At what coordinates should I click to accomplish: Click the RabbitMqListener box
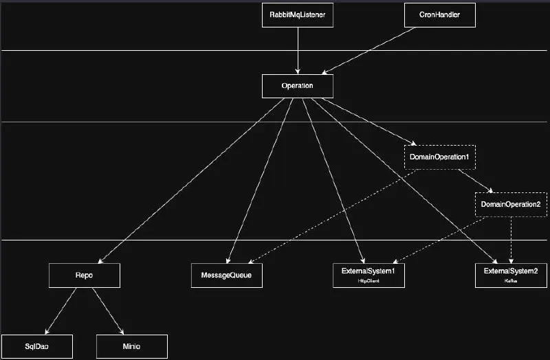click(x=298, y=15)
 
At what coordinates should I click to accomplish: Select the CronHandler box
click(x=439, y=15)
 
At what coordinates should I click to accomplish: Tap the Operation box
click(x=298, y=86)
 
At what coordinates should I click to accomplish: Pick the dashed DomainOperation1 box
click(x=439, y=157)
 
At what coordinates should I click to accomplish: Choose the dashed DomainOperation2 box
click(x=510, y=205)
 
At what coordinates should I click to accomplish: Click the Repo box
click(x=85, y=275)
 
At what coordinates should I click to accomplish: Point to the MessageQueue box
click(x=226, y=275)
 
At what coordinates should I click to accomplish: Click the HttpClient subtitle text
click(x=368, y=282)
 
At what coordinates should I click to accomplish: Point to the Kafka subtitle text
click(x=510, y=282)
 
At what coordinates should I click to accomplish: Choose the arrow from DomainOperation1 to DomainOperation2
click(x=474, y=181)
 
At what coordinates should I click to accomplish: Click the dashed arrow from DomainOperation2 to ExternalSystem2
click(x=510, y=240)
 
